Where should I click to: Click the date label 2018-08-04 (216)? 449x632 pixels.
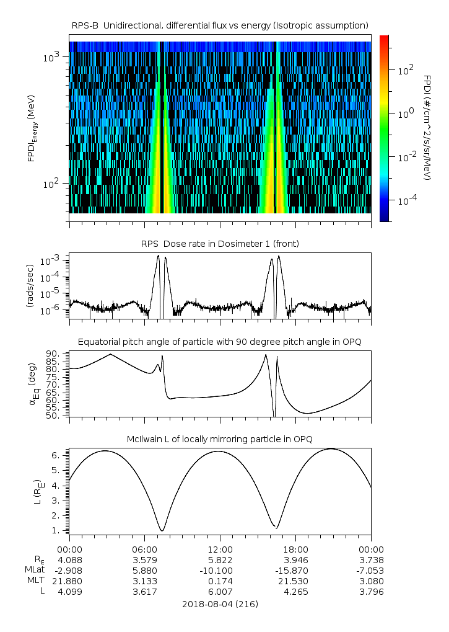[x=220, y=604]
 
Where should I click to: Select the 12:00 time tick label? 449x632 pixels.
[x=220, y=549]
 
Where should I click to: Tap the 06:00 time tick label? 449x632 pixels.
[x=144, y=549]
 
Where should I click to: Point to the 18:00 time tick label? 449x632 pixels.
[x=295, y=549]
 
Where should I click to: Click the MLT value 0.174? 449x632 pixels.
[x=220, y=581]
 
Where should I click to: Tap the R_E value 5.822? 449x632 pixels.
[x=220, y=559]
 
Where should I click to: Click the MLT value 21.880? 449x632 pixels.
[x=69, y=581]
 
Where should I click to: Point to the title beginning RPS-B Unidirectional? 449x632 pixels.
[x=220, y=25]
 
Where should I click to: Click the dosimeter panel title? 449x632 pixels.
[x=220, y=244]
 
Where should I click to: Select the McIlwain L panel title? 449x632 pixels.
[x=220, y=439]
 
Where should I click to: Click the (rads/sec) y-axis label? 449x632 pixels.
[x=29, y=285]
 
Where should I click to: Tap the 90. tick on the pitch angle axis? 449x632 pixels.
[x=53, y=354]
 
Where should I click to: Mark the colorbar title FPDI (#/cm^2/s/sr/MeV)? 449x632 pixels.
[x=427, y=127]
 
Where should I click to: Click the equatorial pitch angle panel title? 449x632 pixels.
[x=220, y=342]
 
